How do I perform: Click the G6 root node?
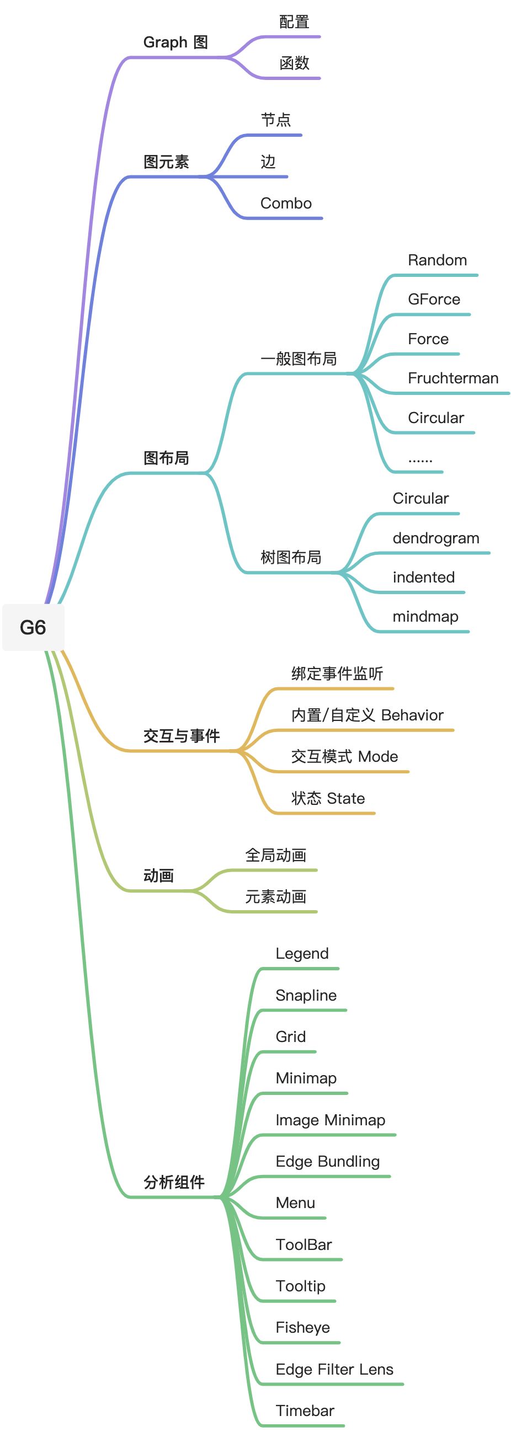point(33,627)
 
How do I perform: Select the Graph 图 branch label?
point(175,42)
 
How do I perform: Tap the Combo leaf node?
point(286,204)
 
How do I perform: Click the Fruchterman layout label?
point(453,378)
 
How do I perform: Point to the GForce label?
point(434,300)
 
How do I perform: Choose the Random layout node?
point(437,260)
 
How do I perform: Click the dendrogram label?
point(435,538)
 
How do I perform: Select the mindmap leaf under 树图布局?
point(425,617)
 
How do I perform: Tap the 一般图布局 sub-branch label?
point(299,359)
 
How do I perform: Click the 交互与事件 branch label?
point(181,736)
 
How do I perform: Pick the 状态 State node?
point(328,799)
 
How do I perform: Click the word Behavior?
point(413,715)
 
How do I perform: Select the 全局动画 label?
point(276,856)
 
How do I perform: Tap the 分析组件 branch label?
point(174,1183)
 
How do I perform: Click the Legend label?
point(302,954)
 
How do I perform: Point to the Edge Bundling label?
point(327,1162)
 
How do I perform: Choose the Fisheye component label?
point(302,1328)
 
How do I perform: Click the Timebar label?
point(305,1411)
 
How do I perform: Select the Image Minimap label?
point(331,1120)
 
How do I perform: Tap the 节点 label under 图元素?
point(276,120)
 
